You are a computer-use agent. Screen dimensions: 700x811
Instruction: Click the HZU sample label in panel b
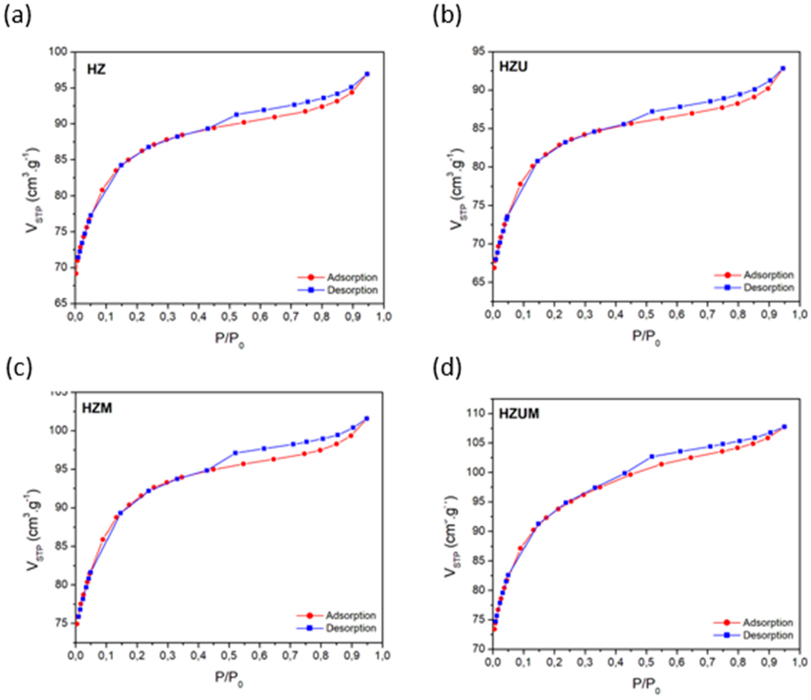513,67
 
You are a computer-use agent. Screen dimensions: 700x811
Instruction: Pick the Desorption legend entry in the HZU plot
768,287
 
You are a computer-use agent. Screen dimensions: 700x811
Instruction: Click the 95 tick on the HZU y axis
478,52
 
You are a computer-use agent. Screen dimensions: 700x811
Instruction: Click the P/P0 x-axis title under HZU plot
646,337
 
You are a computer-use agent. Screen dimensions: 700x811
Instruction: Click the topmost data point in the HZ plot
367,74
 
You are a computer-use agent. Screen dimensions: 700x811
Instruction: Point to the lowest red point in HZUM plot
494,629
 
